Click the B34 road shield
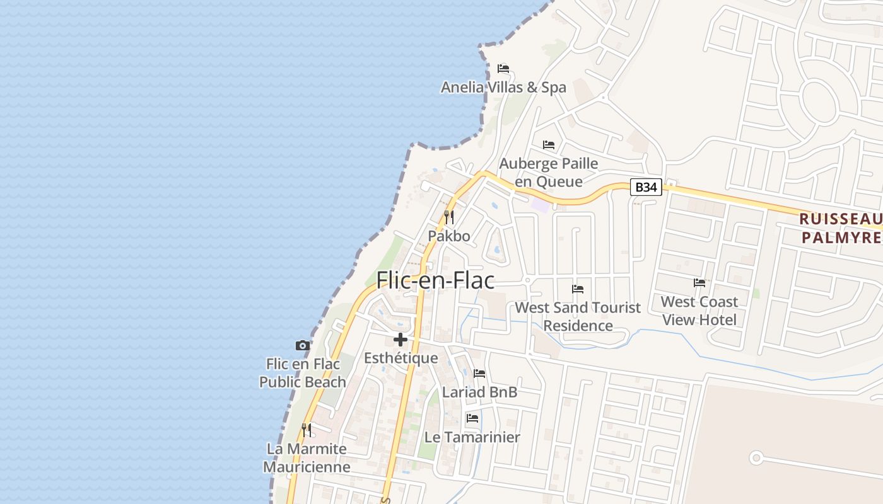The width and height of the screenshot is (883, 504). [646, 187]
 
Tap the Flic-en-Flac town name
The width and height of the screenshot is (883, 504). [435, 280]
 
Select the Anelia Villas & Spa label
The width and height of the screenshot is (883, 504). [503, 88]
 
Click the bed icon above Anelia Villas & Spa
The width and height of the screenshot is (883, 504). [503, 68]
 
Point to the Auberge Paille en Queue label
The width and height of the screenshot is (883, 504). [548, 172]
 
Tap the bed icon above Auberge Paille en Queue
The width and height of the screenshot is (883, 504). [549, 145]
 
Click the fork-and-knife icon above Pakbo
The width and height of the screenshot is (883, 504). [449, 217]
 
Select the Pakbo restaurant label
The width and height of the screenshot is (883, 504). [449, 236]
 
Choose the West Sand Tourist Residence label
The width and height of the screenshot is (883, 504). [578, 316]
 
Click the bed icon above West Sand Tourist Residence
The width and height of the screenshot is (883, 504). [578, 289]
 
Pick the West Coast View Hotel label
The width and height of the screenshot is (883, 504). [699, 311]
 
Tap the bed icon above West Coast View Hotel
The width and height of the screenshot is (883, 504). [699, 283]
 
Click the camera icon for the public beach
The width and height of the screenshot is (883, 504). [303, 345]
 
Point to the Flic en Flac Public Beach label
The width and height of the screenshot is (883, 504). [303, 373]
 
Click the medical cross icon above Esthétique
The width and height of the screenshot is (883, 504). [401, 340]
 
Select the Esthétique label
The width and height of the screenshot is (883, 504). [401, 358]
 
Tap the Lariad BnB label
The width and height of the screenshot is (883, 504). [479, 392]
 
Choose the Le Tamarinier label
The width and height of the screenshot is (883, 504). [472, 437]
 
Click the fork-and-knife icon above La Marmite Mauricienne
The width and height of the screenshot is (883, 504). [307, 430]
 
